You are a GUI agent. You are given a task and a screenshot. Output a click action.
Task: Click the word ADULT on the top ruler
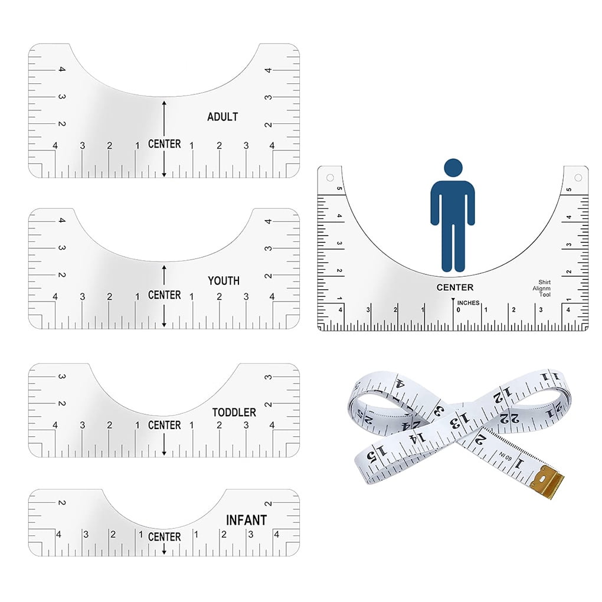[223, 117]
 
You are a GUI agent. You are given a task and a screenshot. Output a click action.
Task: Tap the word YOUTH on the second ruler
[224, 281]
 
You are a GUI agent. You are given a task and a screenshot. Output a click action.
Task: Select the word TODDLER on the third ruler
[234, 413]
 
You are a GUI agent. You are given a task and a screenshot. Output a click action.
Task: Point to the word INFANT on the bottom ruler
[247, 520]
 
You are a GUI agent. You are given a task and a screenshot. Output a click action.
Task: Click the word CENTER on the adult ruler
[164, 144]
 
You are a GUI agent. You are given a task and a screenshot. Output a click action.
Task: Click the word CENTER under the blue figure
[455, 287]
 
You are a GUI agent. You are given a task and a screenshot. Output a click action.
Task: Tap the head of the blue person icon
[453, 168]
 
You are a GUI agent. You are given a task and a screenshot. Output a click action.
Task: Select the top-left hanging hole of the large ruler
[330, 178]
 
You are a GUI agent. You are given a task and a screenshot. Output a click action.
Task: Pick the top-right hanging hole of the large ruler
[578, 178]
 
